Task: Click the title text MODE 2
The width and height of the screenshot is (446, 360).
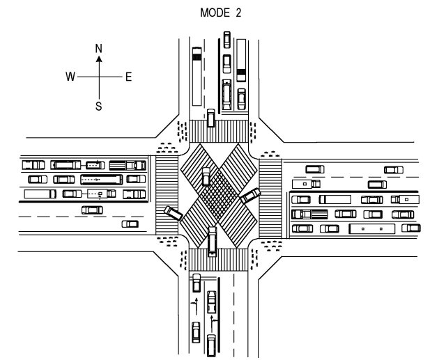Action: pos(220,13)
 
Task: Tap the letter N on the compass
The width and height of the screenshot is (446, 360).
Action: pos(99,49)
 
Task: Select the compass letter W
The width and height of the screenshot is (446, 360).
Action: pos(70,77)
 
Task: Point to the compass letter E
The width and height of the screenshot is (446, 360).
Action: pos(128,77)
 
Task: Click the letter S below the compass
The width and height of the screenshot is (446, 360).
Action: pos(98,107)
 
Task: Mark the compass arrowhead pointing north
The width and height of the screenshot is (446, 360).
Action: pos(99,58)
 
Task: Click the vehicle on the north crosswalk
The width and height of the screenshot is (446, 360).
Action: pos(210,118)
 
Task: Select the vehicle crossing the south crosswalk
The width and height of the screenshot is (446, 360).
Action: pos(212,242)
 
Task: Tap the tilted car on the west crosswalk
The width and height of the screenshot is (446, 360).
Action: pos(174,213)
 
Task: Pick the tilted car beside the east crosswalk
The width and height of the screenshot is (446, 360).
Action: pos(250,196)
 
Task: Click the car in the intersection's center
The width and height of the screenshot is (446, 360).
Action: pos(206,176)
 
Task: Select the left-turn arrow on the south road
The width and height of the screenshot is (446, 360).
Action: pos(195,306)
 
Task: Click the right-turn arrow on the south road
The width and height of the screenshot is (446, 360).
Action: pos(213,323)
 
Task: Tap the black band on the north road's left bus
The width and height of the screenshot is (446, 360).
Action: pos(197,57)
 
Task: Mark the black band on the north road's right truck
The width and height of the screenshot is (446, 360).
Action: pos(241,72)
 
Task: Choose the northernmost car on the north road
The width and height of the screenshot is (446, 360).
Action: pos(226,40)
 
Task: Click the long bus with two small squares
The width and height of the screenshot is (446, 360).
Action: pos(372,228)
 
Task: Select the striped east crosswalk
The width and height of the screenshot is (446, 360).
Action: pos(270,198)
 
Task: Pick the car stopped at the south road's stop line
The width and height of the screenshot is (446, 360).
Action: pos(197,283)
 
